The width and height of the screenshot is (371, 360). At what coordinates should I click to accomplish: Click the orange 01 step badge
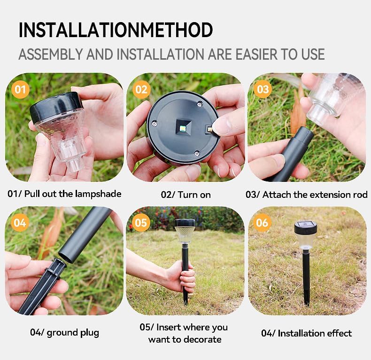point(20,89)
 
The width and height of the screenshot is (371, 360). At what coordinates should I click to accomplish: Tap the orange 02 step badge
point(141,89)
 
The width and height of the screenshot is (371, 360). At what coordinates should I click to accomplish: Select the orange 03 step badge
point(263,89)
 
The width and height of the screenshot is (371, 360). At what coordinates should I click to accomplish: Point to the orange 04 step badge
point(20,223)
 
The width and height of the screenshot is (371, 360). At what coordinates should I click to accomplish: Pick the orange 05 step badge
point(141,223)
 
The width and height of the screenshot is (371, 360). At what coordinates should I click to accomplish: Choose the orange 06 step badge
point(262,223)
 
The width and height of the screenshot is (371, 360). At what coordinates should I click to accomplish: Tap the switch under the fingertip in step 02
point(209,129)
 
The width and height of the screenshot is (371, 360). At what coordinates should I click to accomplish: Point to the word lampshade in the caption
point(98,194)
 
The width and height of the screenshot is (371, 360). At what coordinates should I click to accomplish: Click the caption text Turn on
point(194,195)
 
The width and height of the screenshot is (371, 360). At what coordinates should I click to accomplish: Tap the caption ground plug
point(73,333)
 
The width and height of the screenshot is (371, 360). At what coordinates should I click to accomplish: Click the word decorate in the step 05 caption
point(203,339)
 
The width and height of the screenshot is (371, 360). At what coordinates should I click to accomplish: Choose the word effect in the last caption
point(339,333)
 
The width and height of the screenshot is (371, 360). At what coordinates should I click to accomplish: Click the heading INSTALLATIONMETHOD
point(116,30)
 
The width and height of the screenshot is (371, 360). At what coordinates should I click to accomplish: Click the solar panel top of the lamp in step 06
point(306,224)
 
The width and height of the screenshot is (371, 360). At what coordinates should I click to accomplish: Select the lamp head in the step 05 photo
point(185,230)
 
